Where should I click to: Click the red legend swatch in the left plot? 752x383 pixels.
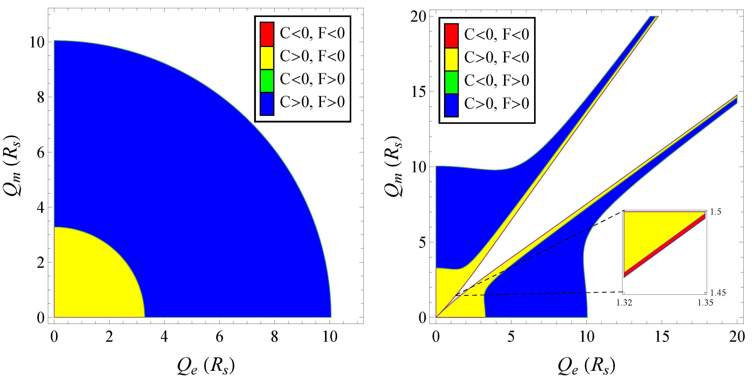pyautogui.click(x=266, y=34)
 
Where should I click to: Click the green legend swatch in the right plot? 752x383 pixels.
pyautogui.click(x=451, y=82)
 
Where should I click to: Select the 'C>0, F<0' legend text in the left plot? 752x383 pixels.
pyautogui.click(x=312, y=56)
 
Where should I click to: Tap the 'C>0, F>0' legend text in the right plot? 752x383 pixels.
pyautogui.click(x=497, y=103)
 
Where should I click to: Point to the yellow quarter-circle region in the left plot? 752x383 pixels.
pyautogui.click(x=93, y=277)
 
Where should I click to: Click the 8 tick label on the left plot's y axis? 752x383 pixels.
pyautogui.click(x=41, y=97)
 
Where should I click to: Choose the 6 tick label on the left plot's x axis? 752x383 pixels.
pyautogui.click(x=219, y=337)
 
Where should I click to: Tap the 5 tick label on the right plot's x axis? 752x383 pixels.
pyautogui.click(x=511, y=337)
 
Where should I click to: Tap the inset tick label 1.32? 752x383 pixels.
pyautogui.click(x=624, y=303)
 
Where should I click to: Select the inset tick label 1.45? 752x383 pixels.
pyautogui.click(x=718, y=292)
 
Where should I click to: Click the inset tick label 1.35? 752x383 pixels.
pyautogui.click(x=705, y=303)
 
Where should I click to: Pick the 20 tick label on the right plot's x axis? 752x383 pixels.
pyautogui.click(x=737, y=337)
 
